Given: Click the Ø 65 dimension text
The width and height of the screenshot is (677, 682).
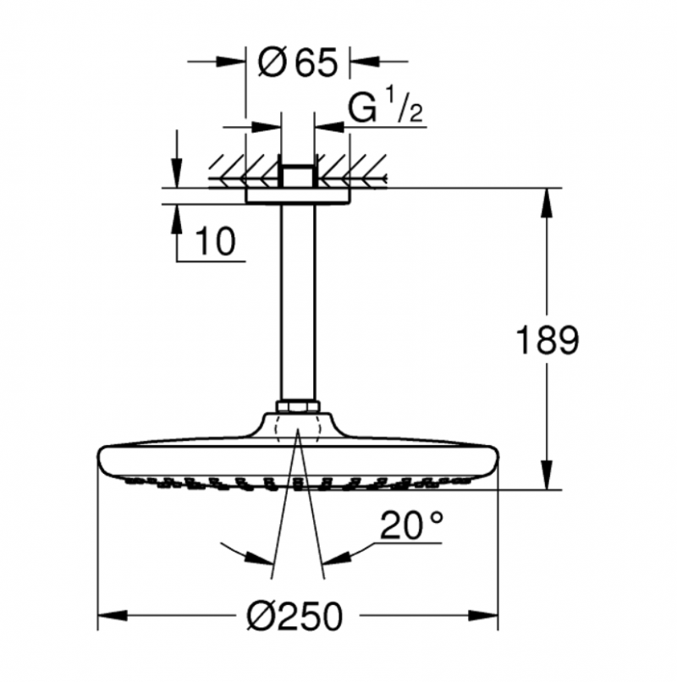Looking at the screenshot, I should pos(297,62).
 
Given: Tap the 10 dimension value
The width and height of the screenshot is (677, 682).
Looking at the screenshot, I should pos(214,242).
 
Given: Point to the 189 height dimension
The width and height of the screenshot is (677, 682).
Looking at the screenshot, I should pos(548,342).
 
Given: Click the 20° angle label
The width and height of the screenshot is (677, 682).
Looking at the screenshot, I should pos(411,527).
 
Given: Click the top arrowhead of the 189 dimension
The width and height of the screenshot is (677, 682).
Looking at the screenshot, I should pos(548,200).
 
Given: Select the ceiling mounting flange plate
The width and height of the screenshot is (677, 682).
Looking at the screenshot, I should pos(298,195).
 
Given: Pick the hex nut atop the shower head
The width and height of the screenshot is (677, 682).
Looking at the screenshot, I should pos(298,407).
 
